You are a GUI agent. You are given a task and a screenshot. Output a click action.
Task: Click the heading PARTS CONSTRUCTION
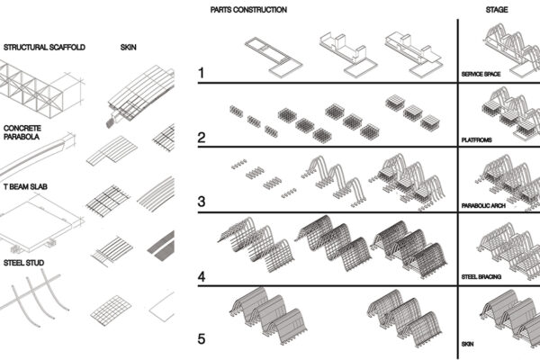point(248,9)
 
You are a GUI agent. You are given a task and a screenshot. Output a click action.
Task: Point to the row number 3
point(204,200)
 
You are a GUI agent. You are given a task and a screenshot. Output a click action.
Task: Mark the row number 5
point(204,339)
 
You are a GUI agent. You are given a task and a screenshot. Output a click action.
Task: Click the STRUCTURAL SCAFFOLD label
point(45,47)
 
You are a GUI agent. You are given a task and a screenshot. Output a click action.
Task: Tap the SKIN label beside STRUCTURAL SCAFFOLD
point(128,47)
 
